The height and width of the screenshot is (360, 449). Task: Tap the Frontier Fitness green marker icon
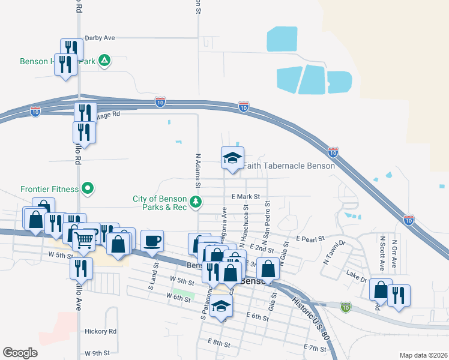[88, 189]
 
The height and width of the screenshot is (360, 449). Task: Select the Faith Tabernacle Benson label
[288, 166]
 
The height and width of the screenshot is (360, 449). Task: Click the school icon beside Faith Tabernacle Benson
[232, 158]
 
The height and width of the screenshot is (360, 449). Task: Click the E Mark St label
[245, 196]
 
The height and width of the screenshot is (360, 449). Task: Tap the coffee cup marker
[152, 240]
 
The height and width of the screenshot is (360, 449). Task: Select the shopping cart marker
[83, 240]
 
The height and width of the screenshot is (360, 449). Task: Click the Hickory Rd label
[100, 331]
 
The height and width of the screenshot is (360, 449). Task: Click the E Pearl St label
[310, 238]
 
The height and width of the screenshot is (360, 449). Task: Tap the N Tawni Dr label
[335, 252]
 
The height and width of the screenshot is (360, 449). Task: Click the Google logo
[20, 353]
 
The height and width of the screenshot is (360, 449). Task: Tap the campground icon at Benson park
[104, 60]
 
